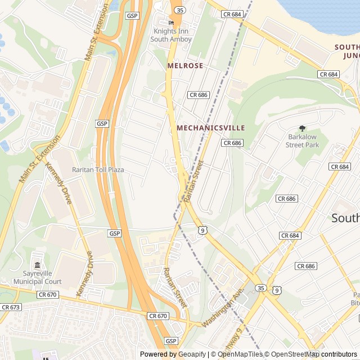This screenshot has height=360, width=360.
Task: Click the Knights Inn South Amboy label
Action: (172, 35)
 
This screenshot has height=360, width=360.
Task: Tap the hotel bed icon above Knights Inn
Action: (172, 22)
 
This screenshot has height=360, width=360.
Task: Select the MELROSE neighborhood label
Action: (185, 66)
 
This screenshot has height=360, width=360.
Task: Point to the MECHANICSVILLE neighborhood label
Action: (211, 128)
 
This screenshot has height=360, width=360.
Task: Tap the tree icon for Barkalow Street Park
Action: (302, 128)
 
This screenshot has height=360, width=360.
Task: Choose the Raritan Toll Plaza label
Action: (98, 169)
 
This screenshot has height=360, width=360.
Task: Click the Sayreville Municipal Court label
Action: (38, 277)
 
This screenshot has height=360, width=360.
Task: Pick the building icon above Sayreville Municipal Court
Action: (38, 265)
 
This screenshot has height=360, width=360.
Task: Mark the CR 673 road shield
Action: (11, 307)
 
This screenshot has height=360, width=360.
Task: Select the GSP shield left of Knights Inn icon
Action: (132, 15)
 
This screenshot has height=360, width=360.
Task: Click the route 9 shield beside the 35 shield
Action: (276, 290)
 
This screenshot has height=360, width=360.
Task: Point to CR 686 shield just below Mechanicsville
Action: (232, 143)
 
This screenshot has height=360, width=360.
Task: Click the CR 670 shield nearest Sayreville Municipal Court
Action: (48, 294)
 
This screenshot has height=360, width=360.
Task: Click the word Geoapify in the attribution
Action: (192, 354)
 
